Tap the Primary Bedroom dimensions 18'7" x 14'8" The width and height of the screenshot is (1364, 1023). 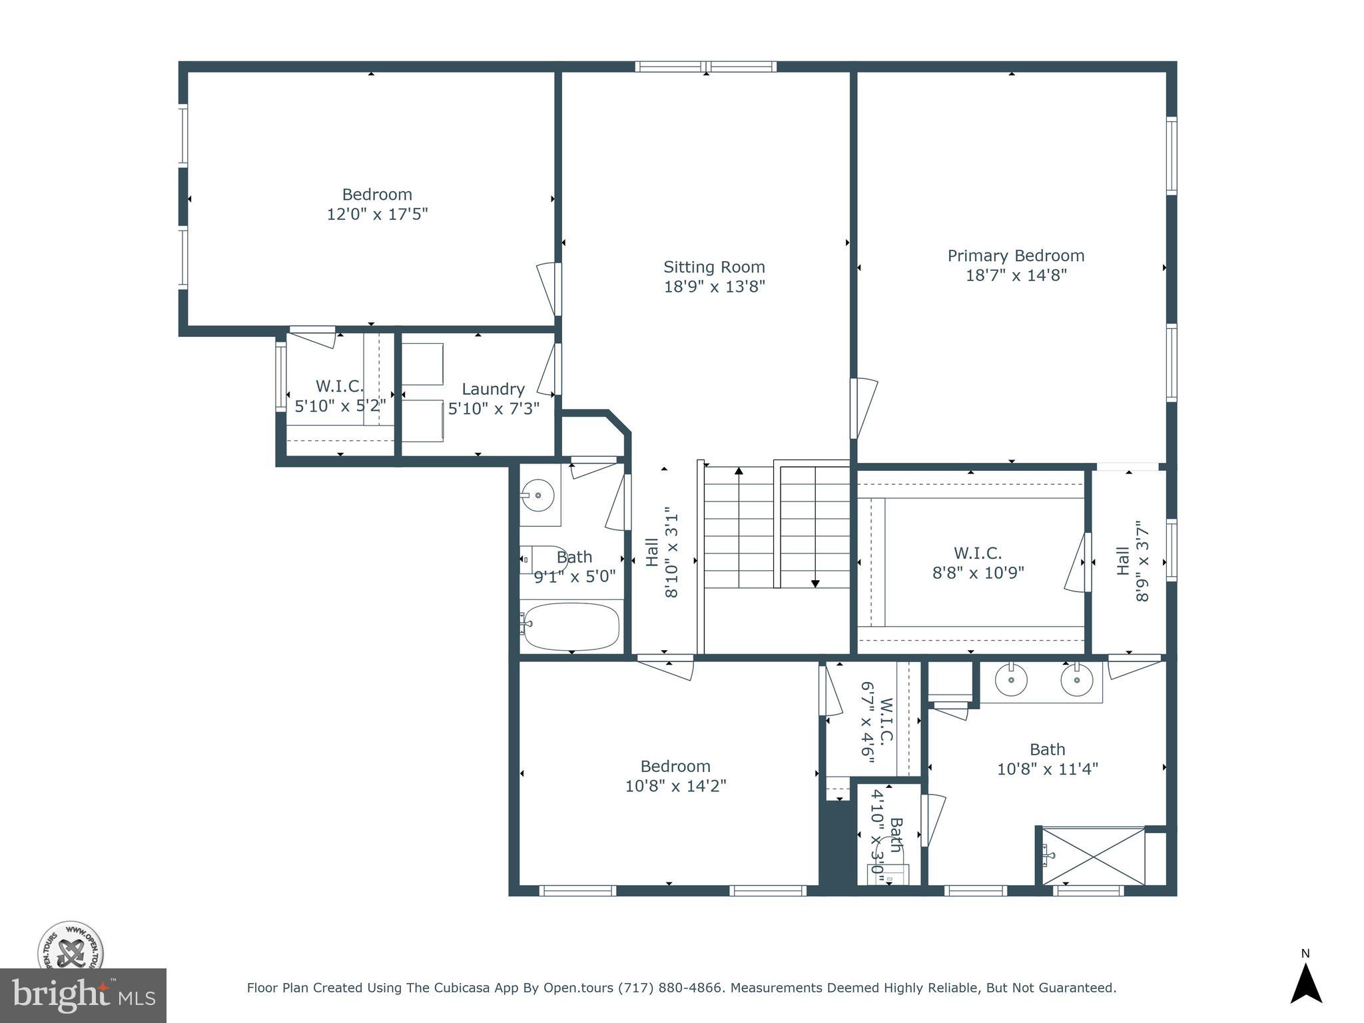click(1016, 275)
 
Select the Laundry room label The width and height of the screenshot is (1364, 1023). click(493, 389)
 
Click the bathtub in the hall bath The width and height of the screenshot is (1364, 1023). click(571, 626)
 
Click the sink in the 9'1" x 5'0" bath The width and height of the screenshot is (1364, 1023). click(537, 496)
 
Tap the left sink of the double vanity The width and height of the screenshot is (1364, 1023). click(1011, 680)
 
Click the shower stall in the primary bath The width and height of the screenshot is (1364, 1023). click(1093, 856)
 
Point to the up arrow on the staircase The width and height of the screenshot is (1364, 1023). click(739, 472)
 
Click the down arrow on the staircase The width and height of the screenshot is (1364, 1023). click(815, 583)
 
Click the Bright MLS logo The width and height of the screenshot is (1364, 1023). click(83, 996)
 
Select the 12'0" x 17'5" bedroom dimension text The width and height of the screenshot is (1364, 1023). click(377, 214)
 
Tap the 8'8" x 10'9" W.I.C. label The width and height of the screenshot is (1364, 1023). click(978, 563)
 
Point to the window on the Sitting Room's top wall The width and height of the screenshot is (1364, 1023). click(705, 67)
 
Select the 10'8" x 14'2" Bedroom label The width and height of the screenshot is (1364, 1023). click(675, 776)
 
